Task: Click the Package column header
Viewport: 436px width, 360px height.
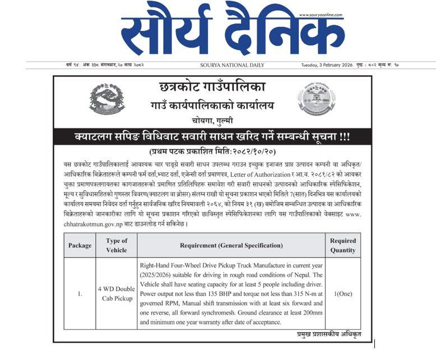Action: pyautogui.click(x=80, y=245)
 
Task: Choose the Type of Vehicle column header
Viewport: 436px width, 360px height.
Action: pyautogui.click(x=117, y=245)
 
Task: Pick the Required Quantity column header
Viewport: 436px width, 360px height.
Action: pyautogui.click(x=342, y=245)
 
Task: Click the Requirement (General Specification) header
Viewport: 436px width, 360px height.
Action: pyautogui.click(x=231, y=245)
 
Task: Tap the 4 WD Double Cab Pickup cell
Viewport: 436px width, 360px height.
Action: pyautogui.click(x=117, y=293)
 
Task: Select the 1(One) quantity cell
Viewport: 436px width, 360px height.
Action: pyautogui.click(x=342, y=293)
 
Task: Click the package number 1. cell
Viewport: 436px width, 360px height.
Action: pyautogui.click(x=80, y=293)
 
